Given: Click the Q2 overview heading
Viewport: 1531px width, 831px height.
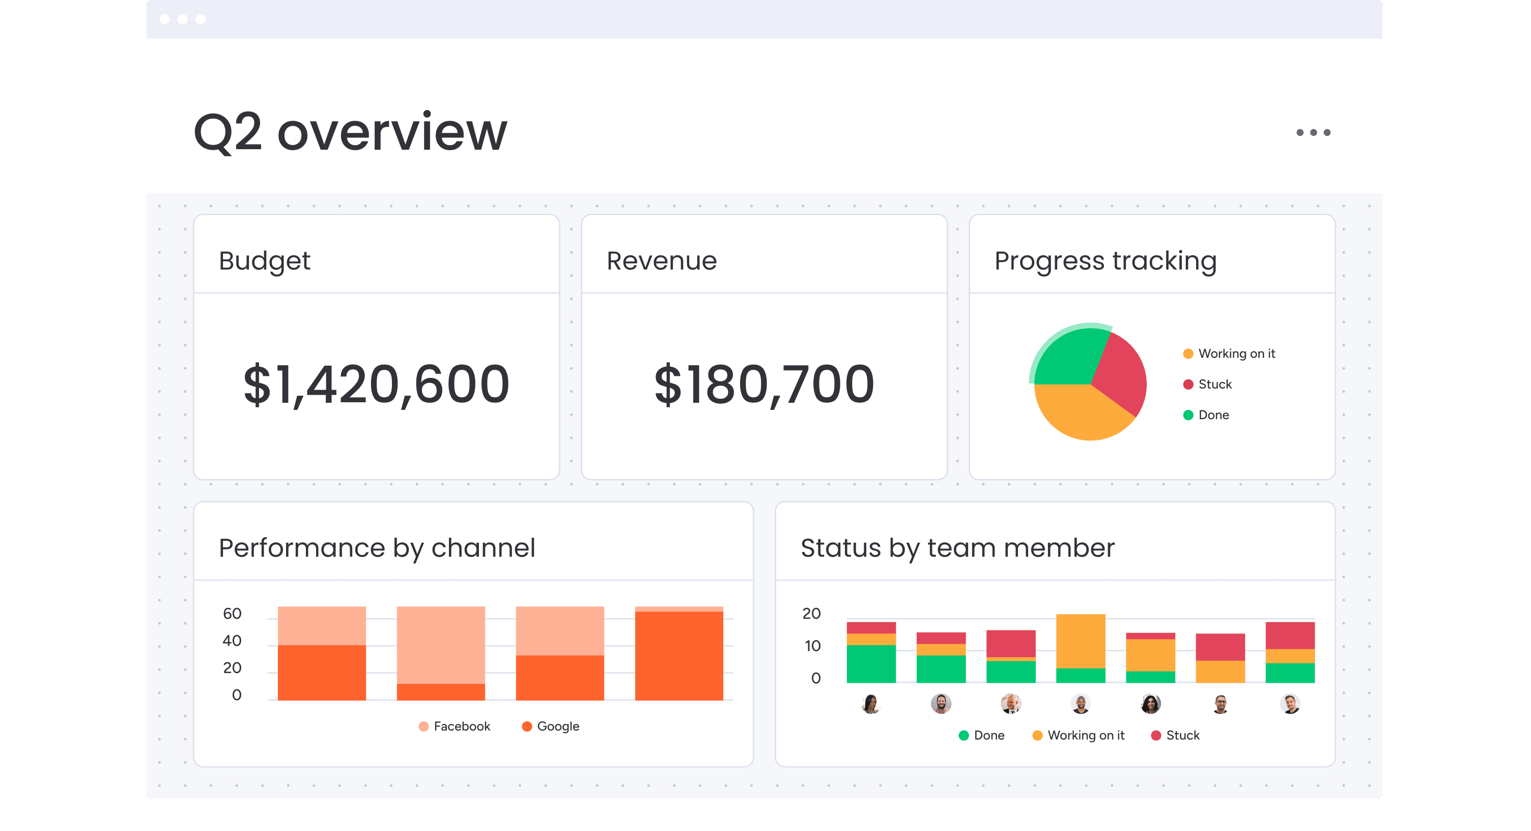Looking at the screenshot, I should (351, 132).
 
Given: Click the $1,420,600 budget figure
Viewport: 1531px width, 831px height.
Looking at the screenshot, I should (376, 384).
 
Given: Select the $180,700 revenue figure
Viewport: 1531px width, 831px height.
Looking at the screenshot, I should (763, 384).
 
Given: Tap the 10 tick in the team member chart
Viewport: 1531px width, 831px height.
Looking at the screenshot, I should (812, 646).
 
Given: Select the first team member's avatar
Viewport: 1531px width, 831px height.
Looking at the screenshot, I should (871, 704).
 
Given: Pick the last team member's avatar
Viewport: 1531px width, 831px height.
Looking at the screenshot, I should (1290, 704).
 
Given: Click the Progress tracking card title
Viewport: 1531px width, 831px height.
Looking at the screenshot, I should (1105, 261).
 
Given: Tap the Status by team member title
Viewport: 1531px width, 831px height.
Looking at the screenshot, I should (957, 548).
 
